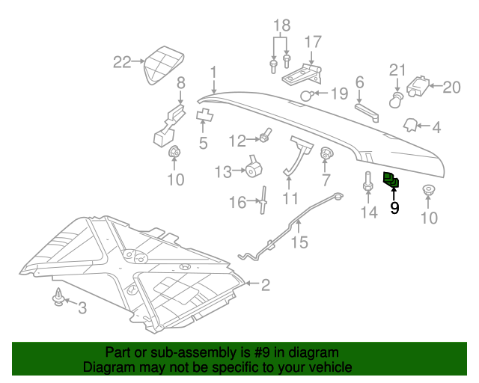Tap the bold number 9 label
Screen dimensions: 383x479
tap(394, 208)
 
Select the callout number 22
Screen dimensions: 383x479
tap(122, 62)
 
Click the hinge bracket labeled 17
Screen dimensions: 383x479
tap(303, 72)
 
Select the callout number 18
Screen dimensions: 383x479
tap(281, 26)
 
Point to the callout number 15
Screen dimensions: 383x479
tap(299, 242)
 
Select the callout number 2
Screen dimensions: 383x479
tap(265, 284)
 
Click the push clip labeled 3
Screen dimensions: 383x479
tap(58, 298)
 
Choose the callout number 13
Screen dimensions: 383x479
tap(223, 173)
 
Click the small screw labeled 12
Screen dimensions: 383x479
tap(265, 137)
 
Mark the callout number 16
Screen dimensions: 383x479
tap(237, 203)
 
